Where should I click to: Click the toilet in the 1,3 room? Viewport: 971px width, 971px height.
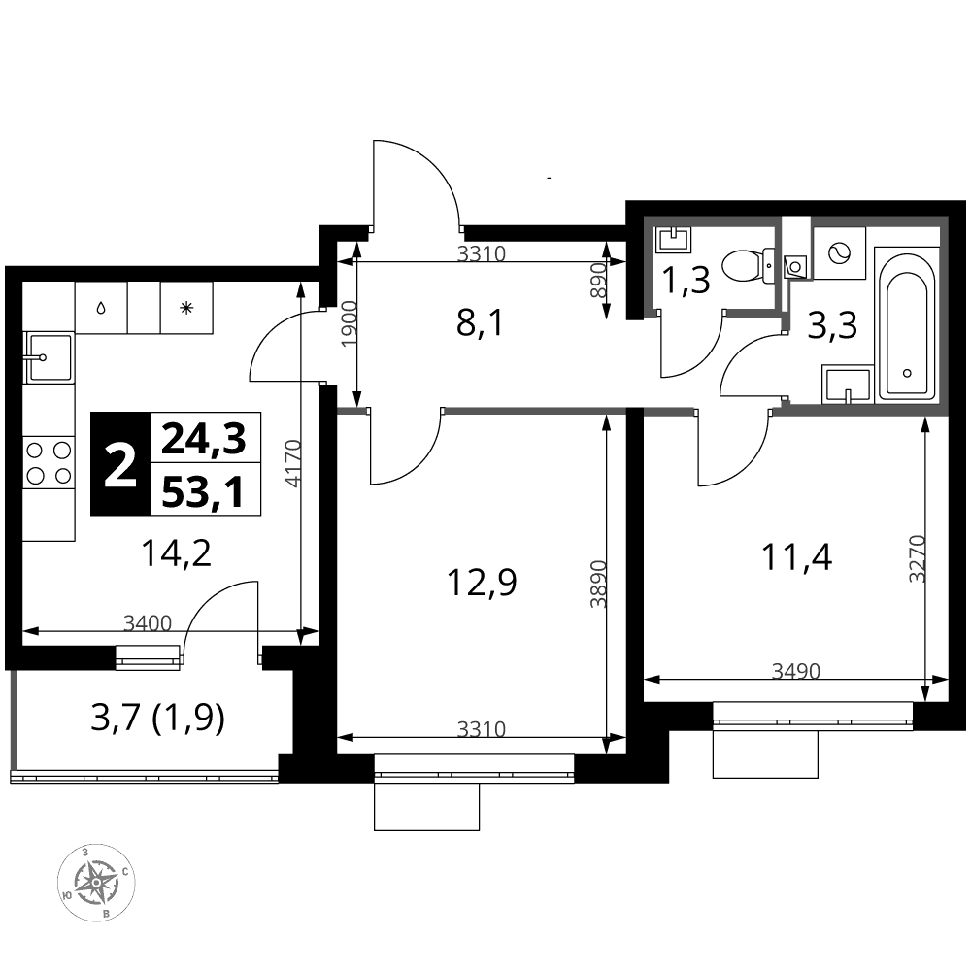pyautogui.click(x=749, y=266)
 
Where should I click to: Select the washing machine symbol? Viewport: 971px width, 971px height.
pyautogui.click(x=840, y=253)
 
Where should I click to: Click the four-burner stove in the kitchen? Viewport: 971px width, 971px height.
pyautogui.click(x=49, y=461)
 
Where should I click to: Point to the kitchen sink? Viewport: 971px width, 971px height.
pyautogui.click(x=49, y=357)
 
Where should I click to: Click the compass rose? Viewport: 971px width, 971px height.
pyautogui.click(x=96, y=882)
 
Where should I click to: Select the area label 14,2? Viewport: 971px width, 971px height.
pyautogui.click(x=177, y=553)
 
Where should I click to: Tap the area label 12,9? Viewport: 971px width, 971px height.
pyautogui.click(x=482, y=583)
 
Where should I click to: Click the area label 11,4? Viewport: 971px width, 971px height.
pyautogui.click(x=797, y=556)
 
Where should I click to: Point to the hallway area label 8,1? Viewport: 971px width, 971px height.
pyautogui.click(x=480, y=322)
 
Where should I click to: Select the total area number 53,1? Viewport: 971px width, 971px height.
pyautogui.click(x=203, y=492)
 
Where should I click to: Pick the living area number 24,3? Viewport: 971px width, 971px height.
pyautogui.click(x=203, y=439)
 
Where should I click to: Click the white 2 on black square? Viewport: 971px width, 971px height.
pyautogui.click(x=120, y=464)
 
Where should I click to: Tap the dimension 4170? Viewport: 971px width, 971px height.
pyautogui.click(x=295, y=463)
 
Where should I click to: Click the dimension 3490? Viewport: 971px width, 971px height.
pyautogui.click(x=796, y=671)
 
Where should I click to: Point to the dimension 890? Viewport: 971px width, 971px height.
pyautogui.click(x=596, y=281)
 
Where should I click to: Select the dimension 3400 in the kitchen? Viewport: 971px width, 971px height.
pyautogui.click(x=148, y=622)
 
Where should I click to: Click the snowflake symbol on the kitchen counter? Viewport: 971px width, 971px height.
pyautogui.click(x=186, y=308)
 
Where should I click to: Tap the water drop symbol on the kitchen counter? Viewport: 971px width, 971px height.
pyautogui.click(x=101, y=308)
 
